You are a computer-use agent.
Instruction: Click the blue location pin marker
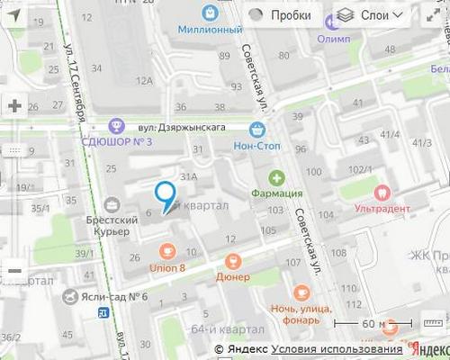(x=165, y=193)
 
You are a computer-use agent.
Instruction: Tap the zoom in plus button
(x=14, y=105)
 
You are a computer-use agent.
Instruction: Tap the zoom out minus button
(x=14, y=269)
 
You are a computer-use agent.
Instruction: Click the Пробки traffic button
(x=282, y=15)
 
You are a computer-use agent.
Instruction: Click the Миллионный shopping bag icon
(x=210, y=13)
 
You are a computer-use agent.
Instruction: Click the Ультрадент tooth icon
(x=382, y=191)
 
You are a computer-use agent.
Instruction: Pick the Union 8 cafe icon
(x=166, y=251)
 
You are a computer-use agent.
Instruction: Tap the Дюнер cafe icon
(x=233, y=261)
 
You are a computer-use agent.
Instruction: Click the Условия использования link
(x=337, y=349)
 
